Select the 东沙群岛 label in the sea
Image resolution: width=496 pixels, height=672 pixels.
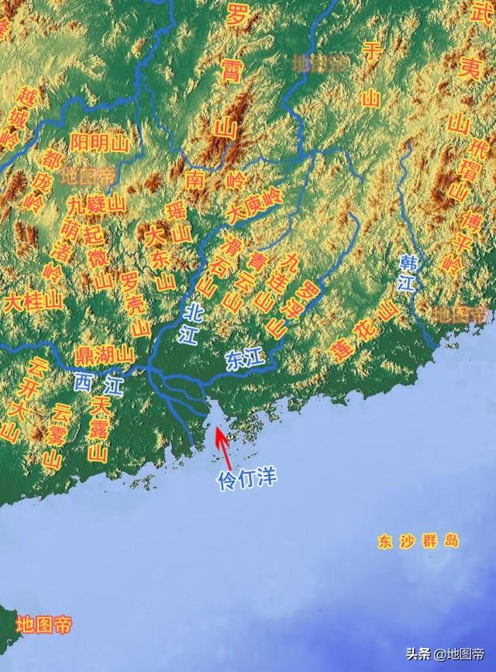419,541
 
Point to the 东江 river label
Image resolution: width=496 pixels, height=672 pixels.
246,359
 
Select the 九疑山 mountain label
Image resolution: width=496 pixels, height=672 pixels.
95,205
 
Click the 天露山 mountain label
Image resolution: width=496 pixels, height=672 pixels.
99,430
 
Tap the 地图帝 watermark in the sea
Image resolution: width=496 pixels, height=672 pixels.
44,625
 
